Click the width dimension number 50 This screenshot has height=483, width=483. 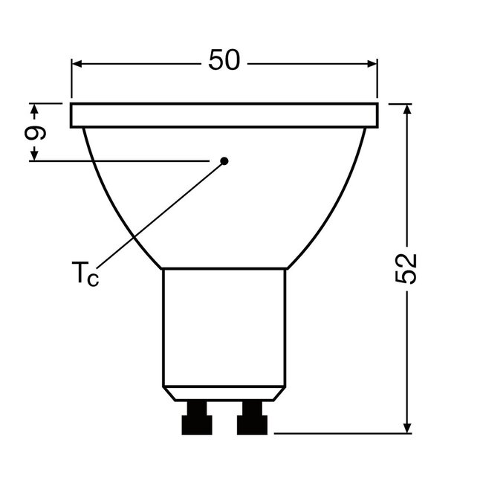pos(224,61)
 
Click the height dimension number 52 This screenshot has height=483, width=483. pos(406,268)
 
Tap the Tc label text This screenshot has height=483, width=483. pos(85,274)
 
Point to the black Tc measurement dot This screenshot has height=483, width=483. pos(224,160)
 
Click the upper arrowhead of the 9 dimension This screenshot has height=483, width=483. pos(33,110)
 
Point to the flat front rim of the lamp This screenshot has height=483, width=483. pos(224,115)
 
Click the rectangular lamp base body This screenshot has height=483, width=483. pos(224,327)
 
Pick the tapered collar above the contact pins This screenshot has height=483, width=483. pos(224,394)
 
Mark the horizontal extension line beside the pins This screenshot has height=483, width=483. pos(342,432)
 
